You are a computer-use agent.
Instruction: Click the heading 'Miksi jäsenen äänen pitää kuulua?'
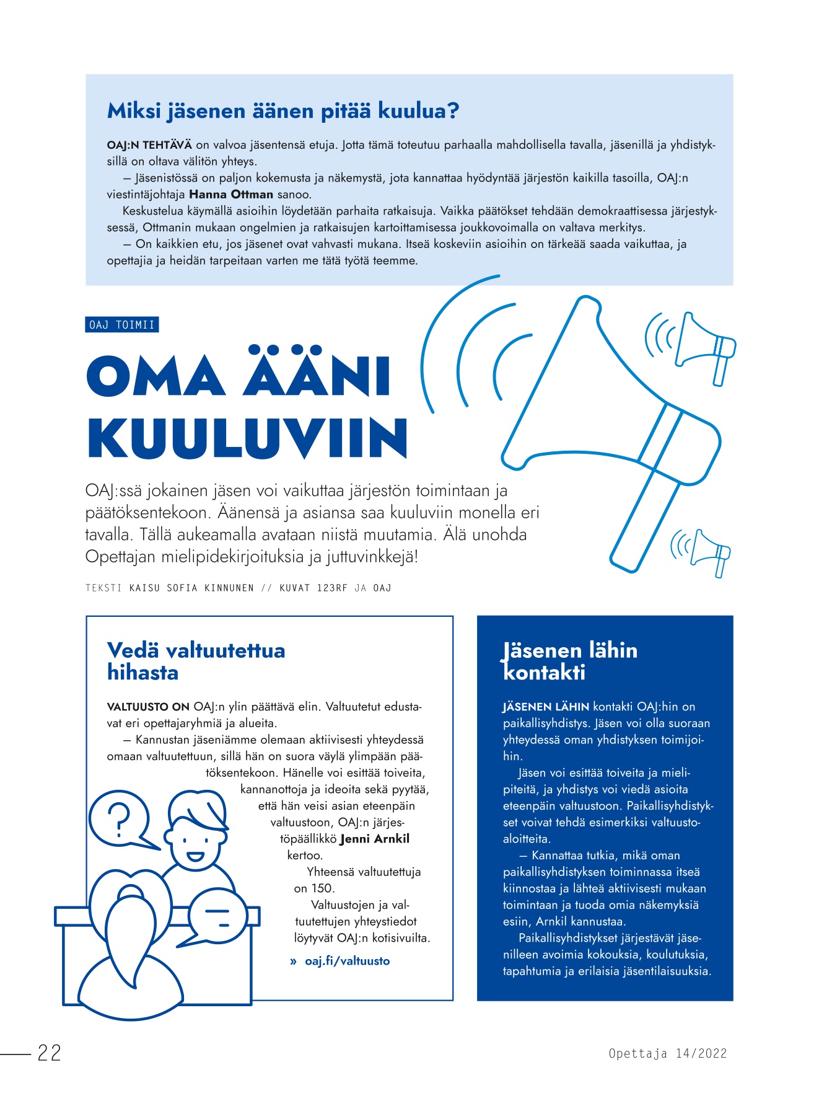pos(283,111)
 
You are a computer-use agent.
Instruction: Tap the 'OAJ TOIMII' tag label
pos(122,325)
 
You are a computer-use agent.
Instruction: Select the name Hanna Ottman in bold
pos(230,194)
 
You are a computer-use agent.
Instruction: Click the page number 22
pos(50,1053)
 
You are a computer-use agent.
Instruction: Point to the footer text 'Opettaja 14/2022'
pos(667,1053)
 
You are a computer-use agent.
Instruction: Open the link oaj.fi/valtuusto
pos(347,961)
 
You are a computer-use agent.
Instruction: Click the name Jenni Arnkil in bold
pos(375,839)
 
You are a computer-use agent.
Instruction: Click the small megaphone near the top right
pos(703,347)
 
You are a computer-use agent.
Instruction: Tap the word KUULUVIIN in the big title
pos(248,439)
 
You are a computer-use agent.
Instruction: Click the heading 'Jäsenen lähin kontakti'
pos(569,661)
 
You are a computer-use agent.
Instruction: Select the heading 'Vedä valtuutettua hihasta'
pos(196,661)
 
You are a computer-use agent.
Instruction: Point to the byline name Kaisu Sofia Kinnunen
pos(191,588)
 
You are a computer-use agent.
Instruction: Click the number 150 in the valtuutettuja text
pos(323,888)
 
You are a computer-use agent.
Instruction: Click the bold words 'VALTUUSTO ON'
pos(148,707)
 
